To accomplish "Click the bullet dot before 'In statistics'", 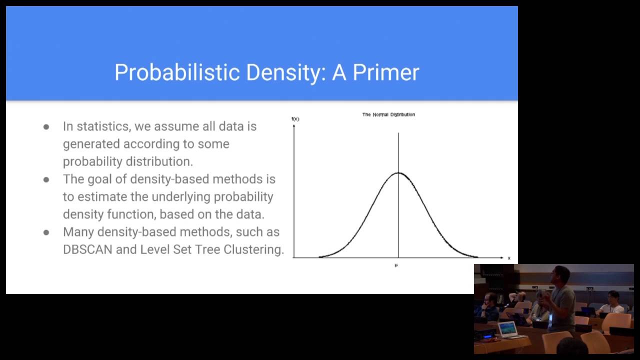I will point(46,127).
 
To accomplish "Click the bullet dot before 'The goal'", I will point(46,179).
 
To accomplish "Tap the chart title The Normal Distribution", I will point(388,114).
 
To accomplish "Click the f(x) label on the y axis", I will point(295,119).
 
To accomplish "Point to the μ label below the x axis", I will point(396,265).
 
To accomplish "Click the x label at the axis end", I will point(509,258).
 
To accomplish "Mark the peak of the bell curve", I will point(398,173).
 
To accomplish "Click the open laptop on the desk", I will point(507,329).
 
